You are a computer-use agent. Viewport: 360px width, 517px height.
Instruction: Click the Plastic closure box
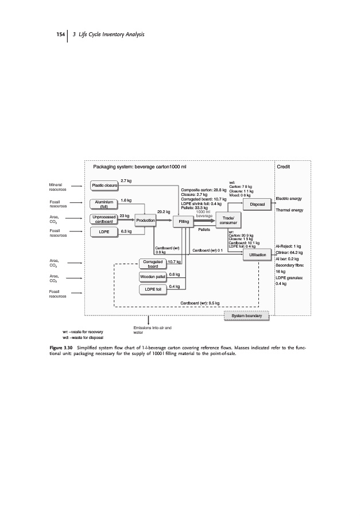click(105, 185)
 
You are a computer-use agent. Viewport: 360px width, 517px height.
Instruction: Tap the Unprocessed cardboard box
click(104, 219)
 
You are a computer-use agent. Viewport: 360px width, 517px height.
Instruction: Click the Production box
click(146, 221)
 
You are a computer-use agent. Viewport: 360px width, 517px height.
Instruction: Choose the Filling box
click(184, 221)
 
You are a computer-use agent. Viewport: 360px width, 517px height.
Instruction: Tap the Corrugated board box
click(153, 264)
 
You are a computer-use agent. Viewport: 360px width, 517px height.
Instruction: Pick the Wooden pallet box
click(153, 277)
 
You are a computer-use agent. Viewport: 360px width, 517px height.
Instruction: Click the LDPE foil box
click(153, 290)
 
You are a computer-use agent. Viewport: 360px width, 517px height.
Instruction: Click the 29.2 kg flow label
click(163, 211)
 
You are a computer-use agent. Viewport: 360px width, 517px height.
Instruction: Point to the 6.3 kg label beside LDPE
click(127, 232)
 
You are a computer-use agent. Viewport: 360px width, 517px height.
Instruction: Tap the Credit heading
click(284, 167)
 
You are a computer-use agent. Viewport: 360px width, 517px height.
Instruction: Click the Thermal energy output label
click(289, 210)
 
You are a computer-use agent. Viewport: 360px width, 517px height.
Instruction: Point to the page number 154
click(60, 36)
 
